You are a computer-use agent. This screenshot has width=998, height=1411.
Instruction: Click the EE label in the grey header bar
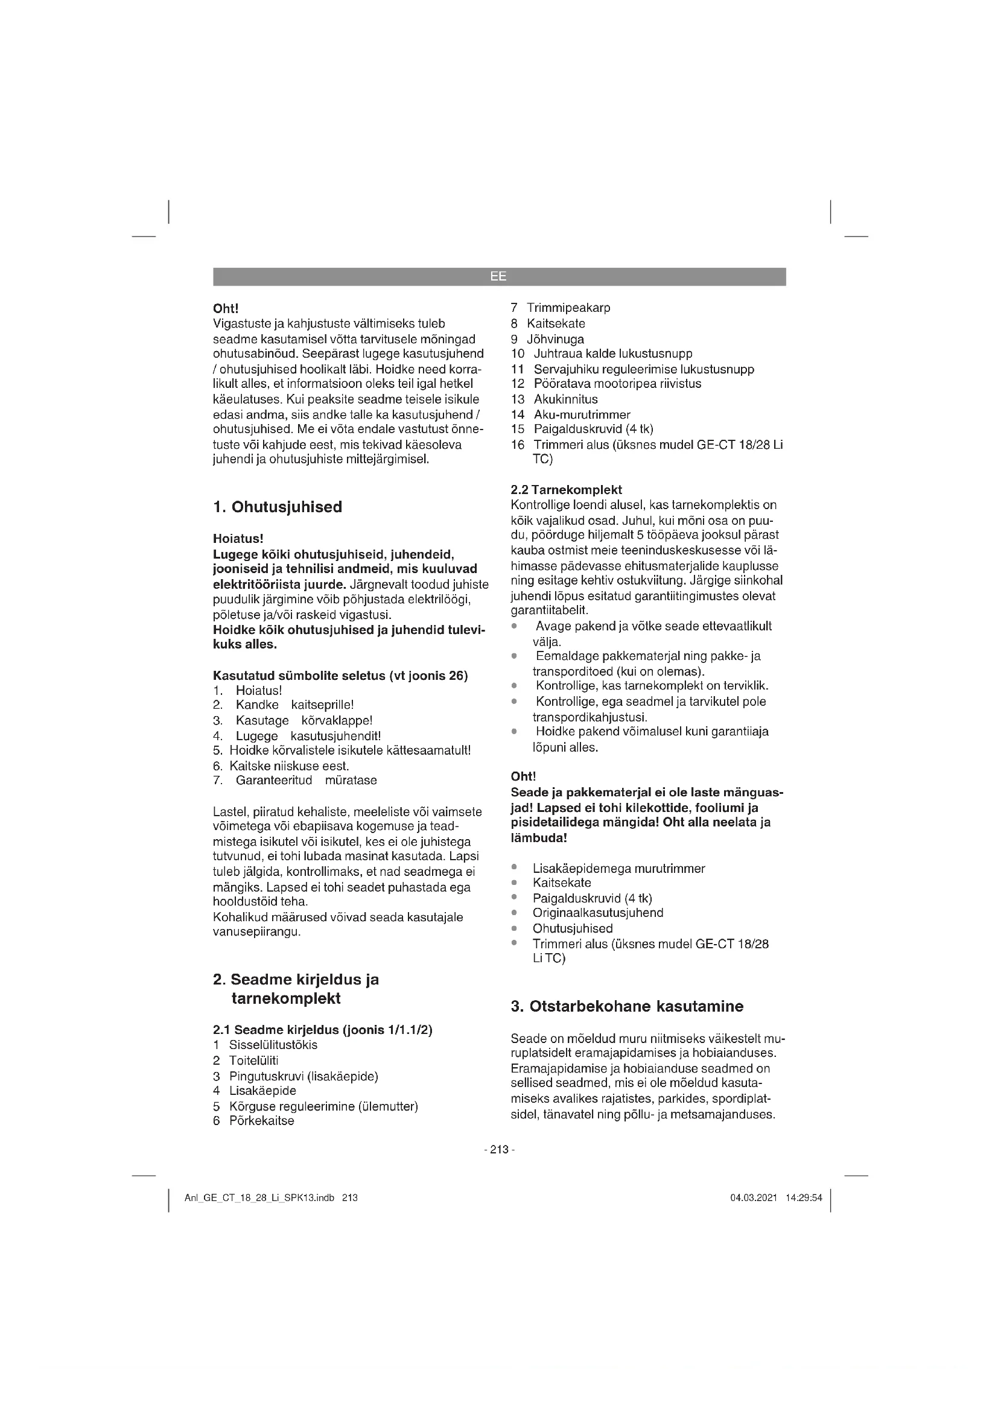[498, 276]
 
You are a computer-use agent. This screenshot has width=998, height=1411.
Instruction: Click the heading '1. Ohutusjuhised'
[277, 507]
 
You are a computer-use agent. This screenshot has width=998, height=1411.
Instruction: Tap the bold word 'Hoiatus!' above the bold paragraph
[238, 539]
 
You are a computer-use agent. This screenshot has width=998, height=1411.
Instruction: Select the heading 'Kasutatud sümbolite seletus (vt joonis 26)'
[340, 676]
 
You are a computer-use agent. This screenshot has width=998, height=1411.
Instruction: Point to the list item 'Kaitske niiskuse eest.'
[289, 766]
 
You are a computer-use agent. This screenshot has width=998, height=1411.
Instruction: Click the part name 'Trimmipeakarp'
[568, 308]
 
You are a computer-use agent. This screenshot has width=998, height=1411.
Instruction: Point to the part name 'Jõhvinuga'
[556, 339]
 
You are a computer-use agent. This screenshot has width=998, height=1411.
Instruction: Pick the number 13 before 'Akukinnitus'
[518, 399]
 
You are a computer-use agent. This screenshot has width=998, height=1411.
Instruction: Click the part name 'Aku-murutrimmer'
[582, 415]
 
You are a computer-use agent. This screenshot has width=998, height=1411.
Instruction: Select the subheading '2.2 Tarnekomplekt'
[566, 490]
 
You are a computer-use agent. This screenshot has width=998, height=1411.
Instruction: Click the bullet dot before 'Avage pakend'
[513, 626]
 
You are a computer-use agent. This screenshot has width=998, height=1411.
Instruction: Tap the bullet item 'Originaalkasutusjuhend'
[598, 913]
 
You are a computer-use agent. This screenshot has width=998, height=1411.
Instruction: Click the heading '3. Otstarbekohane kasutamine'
[627, 1007]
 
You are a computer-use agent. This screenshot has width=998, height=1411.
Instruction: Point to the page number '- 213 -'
[499, 1150]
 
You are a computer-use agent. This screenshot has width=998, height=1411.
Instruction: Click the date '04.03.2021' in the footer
[754, 1198]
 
